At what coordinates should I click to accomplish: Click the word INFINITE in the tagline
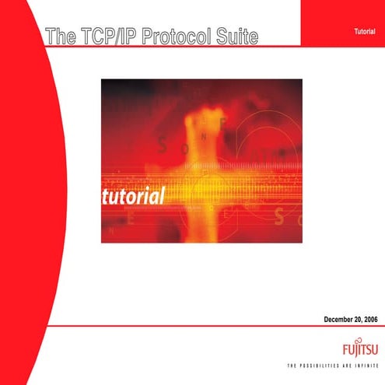point(364,365)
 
